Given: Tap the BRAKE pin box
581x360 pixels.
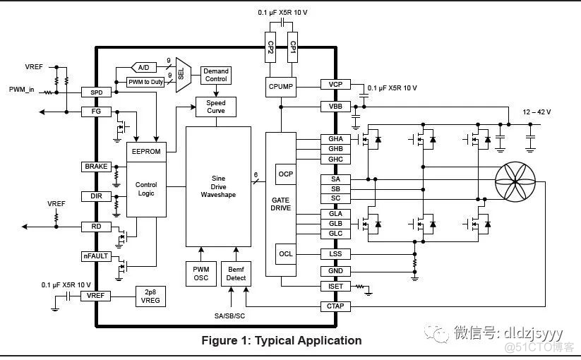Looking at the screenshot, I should click(x=96, y=167).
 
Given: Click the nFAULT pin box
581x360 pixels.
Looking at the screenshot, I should click(x=96, y=256).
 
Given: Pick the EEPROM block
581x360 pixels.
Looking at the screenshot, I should click(x=146, y=151).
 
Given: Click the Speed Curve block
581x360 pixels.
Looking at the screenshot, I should click(x=215, y=107).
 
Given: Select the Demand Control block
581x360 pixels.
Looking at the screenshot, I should click(x=215, y=75).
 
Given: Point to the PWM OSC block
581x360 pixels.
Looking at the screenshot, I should click(x=200, y=274).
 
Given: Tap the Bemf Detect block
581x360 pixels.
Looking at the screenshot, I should click(x=236, y=274).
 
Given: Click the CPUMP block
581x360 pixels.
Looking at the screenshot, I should click(x=281, y=87).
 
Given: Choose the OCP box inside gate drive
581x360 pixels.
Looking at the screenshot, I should click(x=285, y=173).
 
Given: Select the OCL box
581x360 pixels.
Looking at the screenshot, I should click(x=285, y=253).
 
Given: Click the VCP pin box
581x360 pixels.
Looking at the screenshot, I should click(x=335, y=85).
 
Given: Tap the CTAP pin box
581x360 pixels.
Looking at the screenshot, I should click(x=335, y=306).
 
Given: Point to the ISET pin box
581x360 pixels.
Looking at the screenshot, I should click(x=335, y=287).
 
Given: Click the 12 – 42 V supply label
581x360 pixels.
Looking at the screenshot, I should click(x=537, y=112).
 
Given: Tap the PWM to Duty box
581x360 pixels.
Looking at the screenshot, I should click(x=145, y=82).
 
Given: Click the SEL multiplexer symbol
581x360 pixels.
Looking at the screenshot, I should click(x=181, y=73).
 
